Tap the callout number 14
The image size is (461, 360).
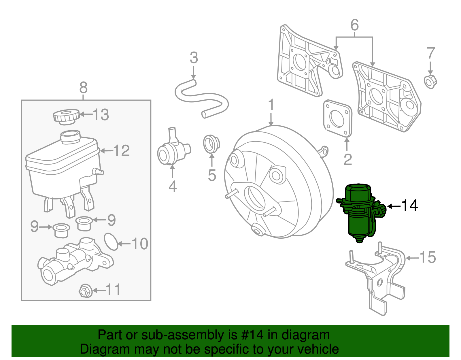pos(409,206)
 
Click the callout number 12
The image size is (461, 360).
pos(121,151)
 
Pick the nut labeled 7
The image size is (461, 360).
pos(430,82)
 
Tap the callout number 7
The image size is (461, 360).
pos(430,54)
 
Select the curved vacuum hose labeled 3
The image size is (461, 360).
pos(202,98)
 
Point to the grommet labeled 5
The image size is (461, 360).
pos(211,143)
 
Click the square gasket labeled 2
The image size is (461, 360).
pos(337,118)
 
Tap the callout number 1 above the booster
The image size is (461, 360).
pos(271,105)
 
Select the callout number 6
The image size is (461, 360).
pos(354,25)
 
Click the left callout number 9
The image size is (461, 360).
pos(34,227)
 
